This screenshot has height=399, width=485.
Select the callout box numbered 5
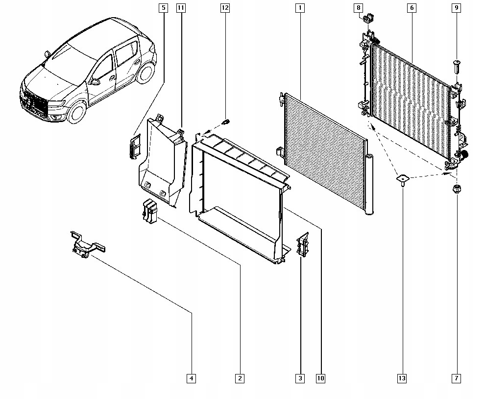pyautogui.click(x=163, y=8)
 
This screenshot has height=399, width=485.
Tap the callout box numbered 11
pyautogui.click(x=181, y=8)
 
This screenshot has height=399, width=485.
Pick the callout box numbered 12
pyautogui.click(x=225, y=8)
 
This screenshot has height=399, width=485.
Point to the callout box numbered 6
pyautogui.click(x=411, y=8)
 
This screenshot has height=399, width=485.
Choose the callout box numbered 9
pyautogui.click(x=456, y=8)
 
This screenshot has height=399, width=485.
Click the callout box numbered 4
pyautogui.click(x=192, y=378)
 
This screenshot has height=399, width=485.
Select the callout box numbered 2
pyautogui.click(x=240, y=378)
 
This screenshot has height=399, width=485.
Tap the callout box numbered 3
pyautogui.click(x=300, y=378)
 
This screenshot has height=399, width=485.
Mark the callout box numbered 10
pyautogui.click(x=320, y=378)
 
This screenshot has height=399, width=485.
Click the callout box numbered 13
pyautogui.click(x=402, y=378)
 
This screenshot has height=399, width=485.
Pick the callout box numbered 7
pyautogui.click(x=456, y=378)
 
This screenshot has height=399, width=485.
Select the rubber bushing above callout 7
pyautogui.click(x=456, y=189)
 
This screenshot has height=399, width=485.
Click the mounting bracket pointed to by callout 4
pyautogui.click(x=85, y=244)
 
